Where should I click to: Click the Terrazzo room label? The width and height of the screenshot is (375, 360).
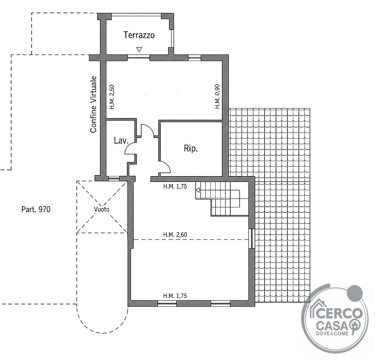[x=139, y=35]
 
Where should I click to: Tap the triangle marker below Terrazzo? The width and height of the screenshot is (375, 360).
[x=139, y=49]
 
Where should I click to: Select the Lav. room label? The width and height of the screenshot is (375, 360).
[x=121, y=141]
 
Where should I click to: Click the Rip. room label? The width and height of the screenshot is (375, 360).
[x=191, y=149]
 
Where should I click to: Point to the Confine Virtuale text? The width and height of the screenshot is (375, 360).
[x=93, y=104]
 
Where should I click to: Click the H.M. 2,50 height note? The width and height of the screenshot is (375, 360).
[x=112, y=97]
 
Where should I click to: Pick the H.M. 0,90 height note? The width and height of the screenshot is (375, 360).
[x=217, y=96]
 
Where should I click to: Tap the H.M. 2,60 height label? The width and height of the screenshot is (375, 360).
[x=175, y=235]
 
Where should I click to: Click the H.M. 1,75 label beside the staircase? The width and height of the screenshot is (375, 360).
[x=175, y=186]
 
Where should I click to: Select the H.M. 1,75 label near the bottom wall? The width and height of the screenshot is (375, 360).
[x=175, y=296]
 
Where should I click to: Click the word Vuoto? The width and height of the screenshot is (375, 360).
[x=102, y=209]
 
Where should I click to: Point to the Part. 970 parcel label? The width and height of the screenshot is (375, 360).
[x=36, y=209]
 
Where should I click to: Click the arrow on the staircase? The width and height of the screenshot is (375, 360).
[x=198, y=190]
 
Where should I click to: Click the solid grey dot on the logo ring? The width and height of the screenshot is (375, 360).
[x=355, y=294]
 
